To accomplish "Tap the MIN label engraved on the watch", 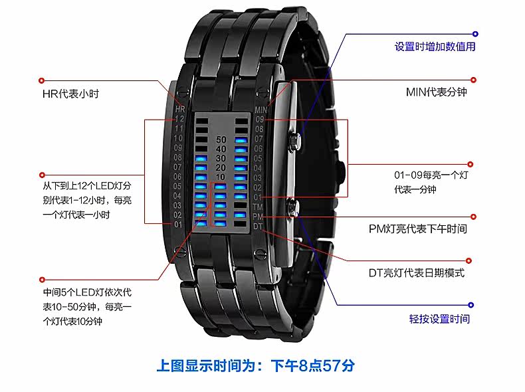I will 261,110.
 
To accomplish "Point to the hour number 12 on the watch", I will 178,118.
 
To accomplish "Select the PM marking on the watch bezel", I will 259,217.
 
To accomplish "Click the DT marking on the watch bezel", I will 258,227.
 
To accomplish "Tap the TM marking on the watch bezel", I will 259,207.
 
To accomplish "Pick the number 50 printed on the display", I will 221,140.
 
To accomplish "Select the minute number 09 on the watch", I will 260,120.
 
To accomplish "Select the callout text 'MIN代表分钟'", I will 436,92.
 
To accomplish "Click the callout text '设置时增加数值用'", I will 435,47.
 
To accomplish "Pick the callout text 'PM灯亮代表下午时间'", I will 418,229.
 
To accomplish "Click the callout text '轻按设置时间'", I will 439,318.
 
